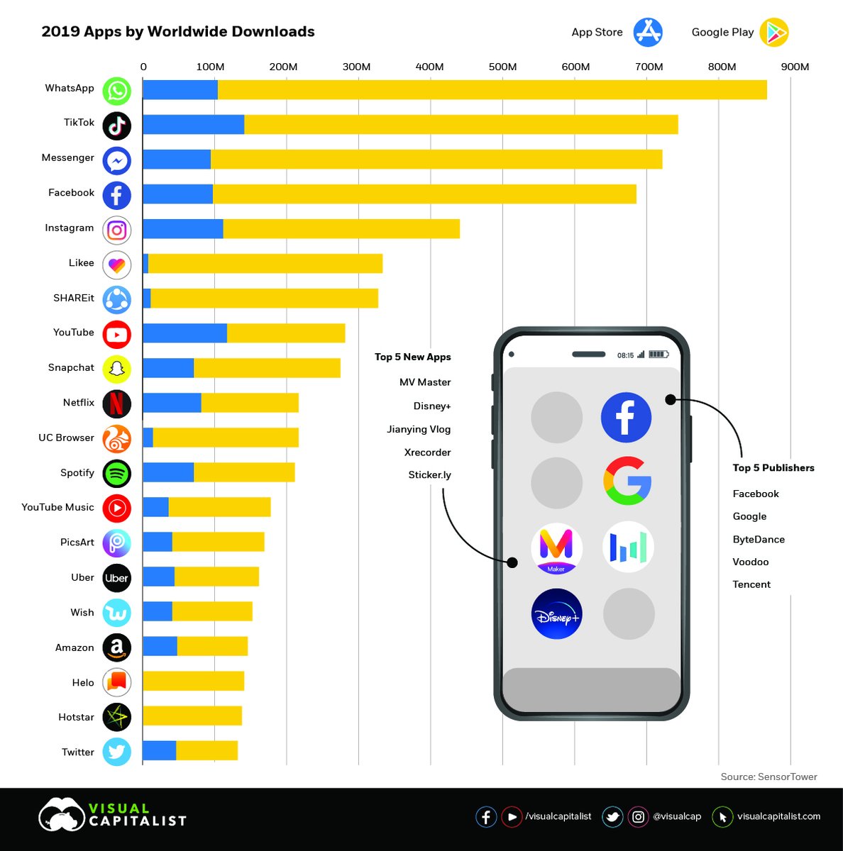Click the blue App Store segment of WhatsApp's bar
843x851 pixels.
pyautogui.click(x=180, y=90)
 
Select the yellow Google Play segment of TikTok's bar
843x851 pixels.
pyautogui.click(x=461, y=125)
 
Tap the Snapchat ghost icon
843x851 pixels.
pyautogui.click(x=117, y=368)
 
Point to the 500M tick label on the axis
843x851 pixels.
pyautogui.click(x=502, y=67)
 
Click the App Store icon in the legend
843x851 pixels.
pyautogui.click(x=648, y=32)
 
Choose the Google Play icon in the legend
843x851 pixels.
pyautogui.click(x=773, y=32)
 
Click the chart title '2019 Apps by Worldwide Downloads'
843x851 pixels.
pyautogui.click(x=178, y=32)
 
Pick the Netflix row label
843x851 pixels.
pyautogui.click(x=78, y=403)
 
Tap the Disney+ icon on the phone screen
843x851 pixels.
pyautogui.click(x=556, y=614)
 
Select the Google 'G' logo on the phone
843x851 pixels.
pyautogui.click(x=627, y=481)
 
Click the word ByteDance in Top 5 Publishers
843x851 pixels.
pyautogui.click(x=759, y=540)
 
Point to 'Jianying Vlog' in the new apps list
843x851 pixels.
pyautogui.click(x=419, y=429)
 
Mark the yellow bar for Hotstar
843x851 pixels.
pyautogui.click(x=192, y=716)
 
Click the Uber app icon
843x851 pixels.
pyautogui.click(x=117, y=578)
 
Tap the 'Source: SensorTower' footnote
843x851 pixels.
pyautogui.click(x=768, y=777)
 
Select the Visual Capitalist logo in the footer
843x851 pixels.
pyautogui.click(x=112, y=815)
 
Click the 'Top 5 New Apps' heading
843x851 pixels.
pyautogui.click(x=412, y=357)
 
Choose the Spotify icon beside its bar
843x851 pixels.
pyautogui.click(x=117, y=473)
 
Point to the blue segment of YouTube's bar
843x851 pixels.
pyautogui.click(x=184, y=333)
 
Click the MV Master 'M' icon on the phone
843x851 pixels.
pyautogui.click(x=556, y=547)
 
